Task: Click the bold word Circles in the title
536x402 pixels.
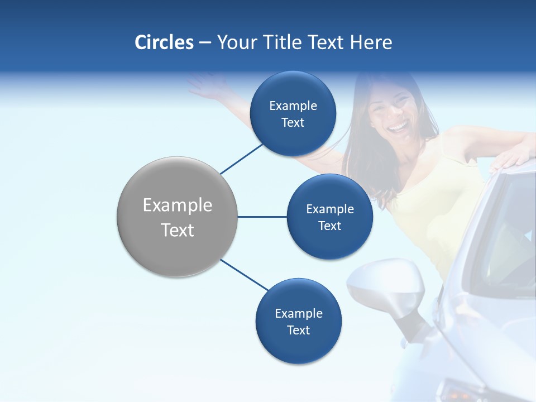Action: [x=164, y=42]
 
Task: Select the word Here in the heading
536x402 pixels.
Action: [x=371, y=42]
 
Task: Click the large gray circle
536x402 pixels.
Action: [x=178, y=217]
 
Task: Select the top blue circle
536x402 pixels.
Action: [x=293, y=113]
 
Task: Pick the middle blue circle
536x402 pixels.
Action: [x=329, y=217]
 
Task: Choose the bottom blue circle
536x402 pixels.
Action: [x=298, y=321]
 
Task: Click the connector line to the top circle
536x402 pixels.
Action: [x=242, y=158]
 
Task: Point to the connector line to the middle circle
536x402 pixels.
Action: [x=262, y=217]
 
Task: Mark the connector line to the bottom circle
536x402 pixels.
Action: [x=245, y=275]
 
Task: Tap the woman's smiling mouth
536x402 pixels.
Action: [x=398, y=128]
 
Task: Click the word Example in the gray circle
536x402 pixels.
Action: [x=178, y=205]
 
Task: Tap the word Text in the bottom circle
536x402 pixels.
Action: [x=298, y=331]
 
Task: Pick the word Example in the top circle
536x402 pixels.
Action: [x=293, y=106]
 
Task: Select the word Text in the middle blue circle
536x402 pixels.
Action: [x=329, y=226]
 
